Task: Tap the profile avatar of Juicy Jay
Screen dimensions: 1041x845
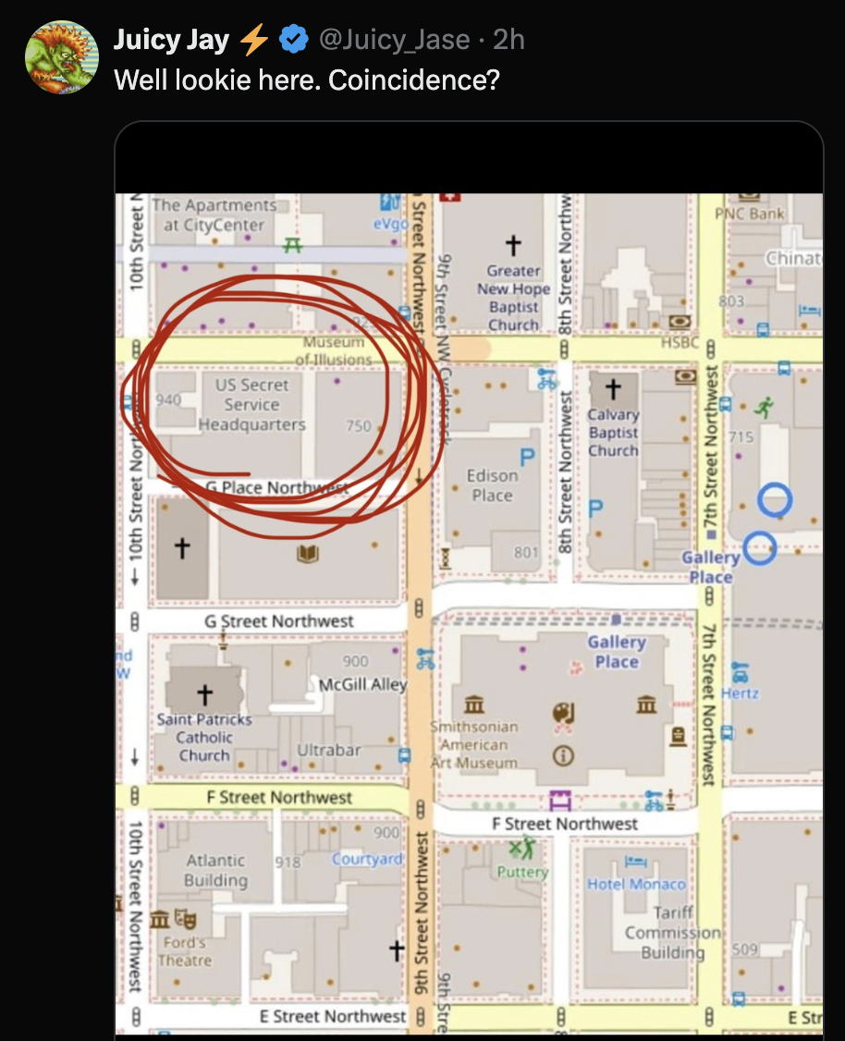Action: tap(61, 57)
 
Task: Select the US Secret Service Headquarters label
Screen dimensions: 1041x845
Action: tap(251, 405)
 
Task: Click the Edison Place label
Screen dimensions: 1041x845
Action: tap(492, 485)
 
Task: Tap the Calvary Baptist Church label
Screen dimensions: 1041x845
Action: tap(613, 433)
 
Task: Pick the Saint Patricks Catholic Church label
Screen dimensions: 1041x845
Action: tap(204, 737)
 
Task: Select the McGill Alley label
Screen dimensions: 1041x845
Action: tap(362, 685)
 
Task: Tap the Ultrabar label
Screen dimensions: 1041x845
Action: tap(328, 750)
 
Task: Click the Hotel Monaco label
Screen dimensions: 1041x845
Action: tap(637, 884)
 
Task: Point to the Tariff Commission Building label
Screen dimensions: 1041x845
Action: tap(672, 933)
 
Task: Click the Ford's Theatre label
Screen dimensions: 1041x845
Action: tap(185, 951)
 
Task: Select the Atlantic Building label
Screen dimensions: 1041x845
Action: tap(215, 870)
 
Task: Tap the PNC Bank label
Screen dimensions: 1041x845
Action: tap(749, 214)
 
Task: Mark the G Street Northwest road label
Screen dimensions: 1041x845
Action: tap(279, 621)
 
